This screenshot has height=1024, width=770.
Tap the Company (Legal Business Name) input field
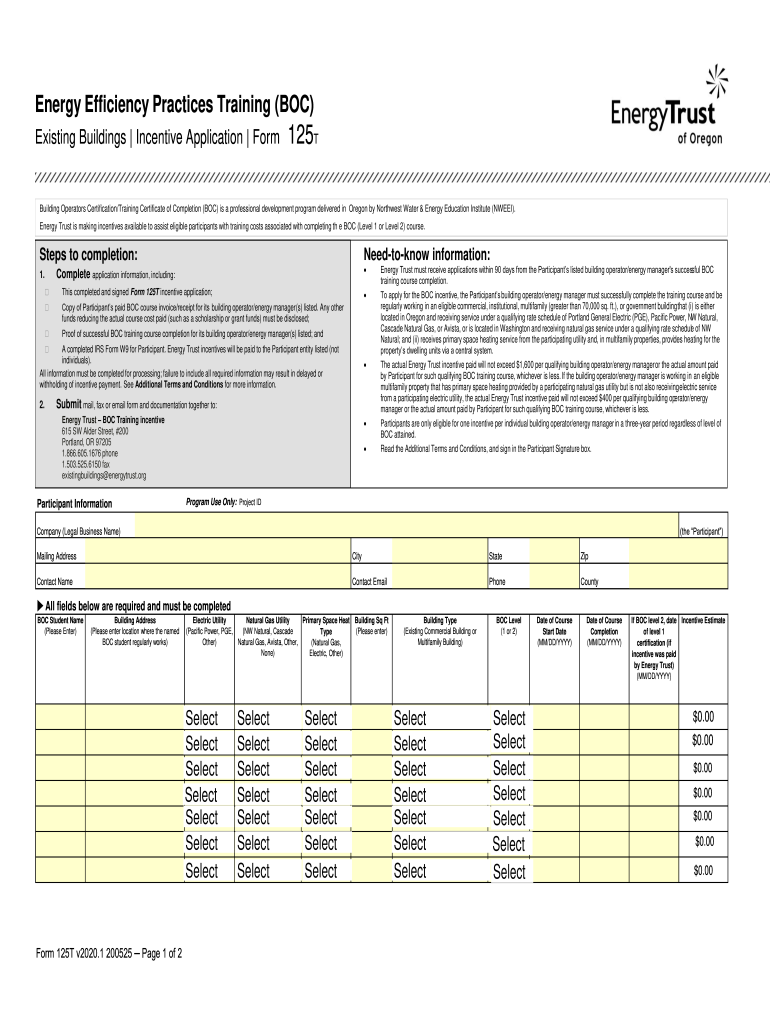point(405,530)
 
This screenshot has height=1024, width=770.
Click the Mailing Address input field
point(215,556)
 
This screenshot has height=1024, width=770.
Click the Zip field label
point(585,556)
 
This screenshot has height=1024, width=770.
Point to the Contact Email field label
point(369,581)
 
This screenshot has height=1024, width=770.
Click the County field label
point(589,581)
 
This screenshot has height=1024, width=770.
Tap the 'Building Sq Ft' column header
point(372,621)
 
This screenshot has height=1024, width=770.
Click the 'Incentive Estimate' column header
point(703,621)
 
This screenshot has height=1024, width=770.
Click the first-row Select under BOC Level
point(508,718)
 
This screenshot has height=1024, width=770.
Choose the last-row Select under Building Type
point(410,871)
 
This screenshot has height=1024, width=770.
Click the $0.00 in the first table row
point(703,718)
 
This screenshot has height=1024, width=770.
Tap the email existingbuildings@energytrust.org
point(104,476)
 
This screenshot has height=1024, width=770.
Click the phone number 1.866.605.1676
point(89,453)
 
